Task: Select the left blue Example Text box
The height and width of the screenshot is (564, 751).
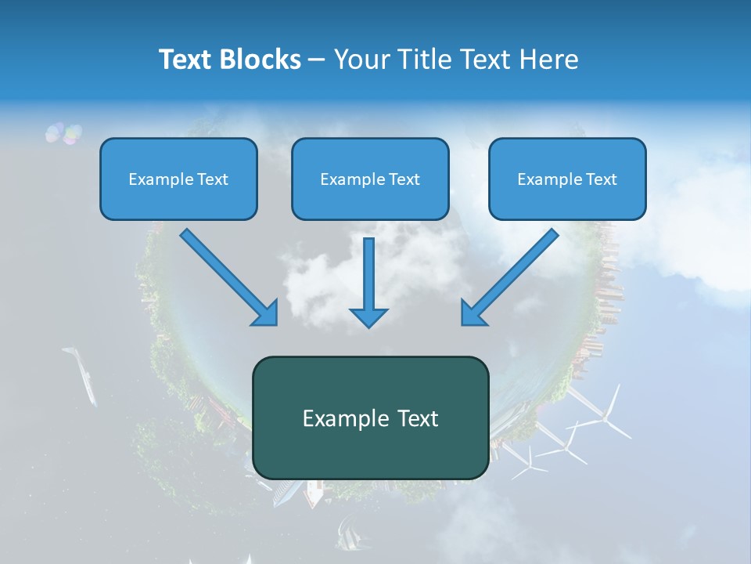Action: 178,179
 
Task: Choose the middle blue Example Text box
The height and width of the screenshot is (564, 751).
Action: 370,179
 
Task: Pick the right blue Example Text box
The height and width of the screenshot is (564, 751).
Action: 567,179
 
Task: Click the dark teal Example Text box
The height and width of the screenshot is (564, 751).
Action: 370,418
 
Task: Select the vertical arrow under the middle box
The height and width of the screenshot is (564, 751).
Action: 368,278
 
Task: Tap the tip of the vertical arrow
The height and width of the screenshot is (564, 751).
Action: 368,324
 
